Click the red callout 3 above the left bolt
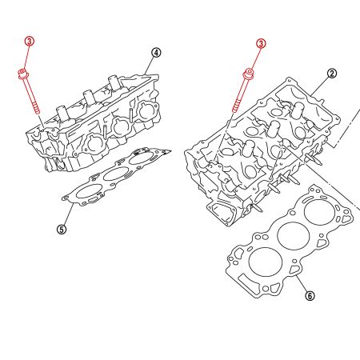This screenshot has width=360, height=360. (x=30, y=41)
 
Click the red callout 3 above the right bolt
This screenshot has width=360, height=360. (x=261, y=43)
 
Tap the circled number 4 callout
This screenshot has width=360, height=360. (x=156, y=53)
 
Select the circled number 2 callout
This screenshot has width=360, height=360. (x=332, y=73)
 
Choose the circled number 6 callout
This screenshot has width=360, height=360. (x=310, y=296)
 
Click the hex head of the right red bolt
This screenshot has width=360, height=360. (x=250, y=76)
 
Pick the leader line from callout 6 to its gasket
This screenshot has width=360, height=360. (x=302, y=283)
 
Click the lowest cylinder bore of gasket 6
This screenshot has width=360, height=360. (x=262, y=261)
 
